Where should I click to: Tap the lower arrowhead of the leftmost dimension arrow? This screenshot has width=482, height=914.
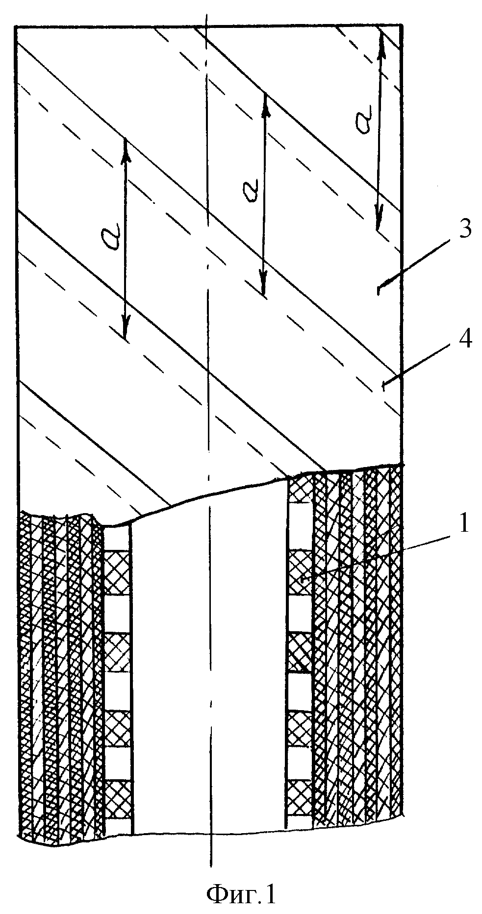coord(125,330)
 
